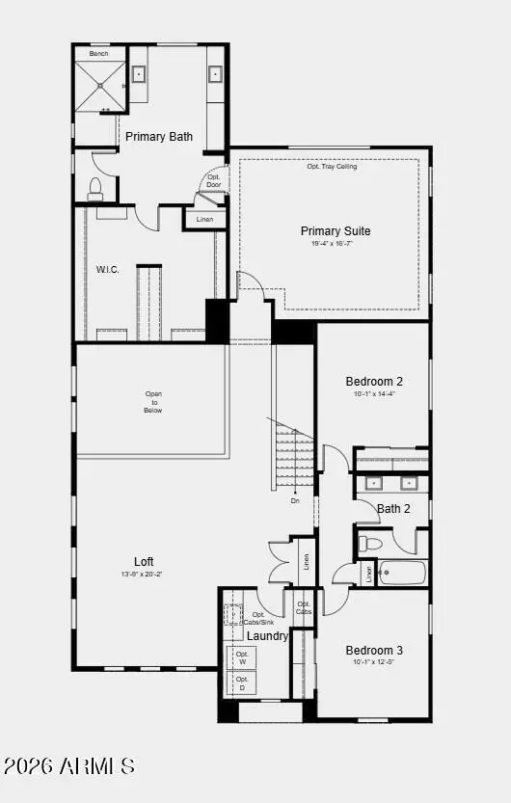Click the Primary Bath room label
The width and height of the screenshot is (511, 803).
point(159,137)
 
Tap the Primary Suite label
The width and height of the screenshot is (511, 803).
point(336,231)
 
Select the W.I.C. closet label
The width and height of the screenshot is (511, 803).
point(107,270)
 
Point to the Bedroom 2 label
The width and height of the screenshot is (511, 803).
point(374,382)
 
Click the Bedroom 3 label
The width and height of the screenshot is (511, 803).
point(374,651)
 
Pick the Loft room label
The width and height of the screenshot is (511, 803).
point(144,562)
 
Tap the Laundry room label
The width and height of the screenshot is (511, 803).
point(267,636)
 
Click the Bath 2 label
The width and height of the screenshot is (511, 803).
point(393,509)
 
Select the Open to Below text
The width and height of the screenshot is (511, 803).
point(153,402)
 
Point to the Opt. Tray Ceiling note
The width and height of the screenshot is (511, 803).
point(332,167)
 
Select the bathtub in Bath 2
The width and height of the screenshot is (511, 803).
point(400,573)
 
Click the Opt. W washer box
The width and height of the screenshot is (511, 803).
point(242,657)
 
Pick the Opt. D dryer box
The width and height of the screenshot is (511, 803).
point(242,683)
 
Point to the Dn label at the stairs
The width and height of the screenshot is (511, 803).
point(295,501)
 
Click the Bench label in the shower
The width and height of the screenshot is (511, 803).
point(99,54)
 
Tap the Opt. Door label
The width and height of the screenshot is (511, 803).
point(213,181)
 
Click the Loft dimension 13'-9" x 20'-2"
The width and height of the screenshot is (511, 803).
point(142,575)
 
